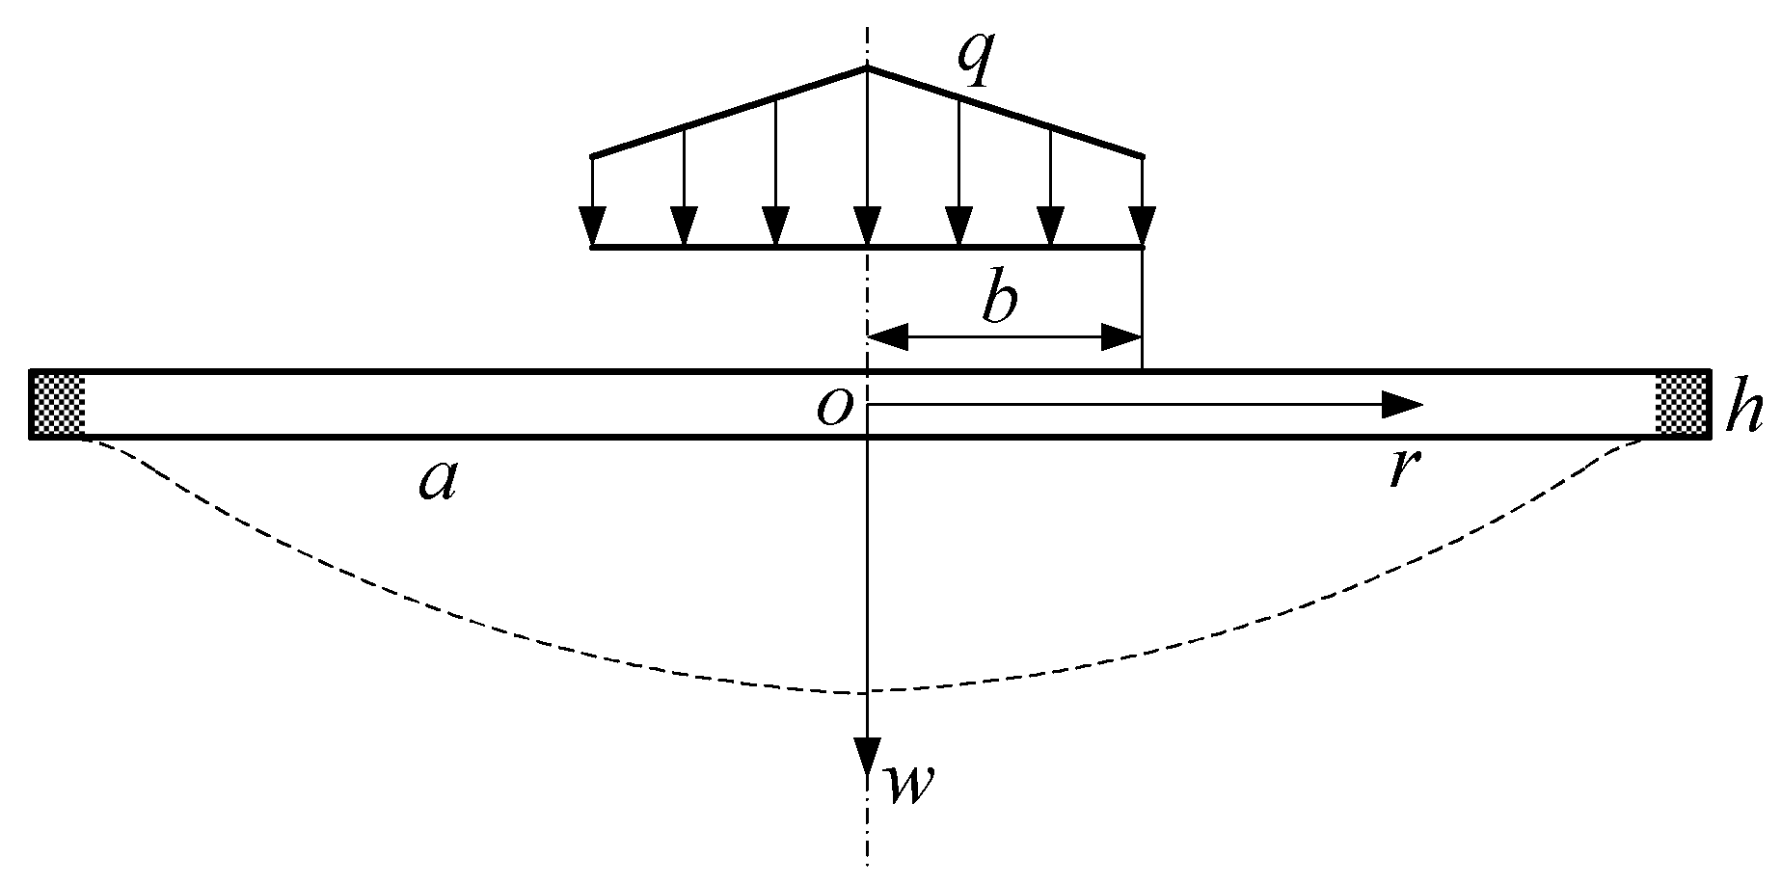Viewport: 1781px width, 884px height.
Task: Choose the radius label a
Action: tap(437, 479)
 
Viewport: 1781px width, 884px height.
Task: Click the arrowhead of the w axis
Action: tap(868, 757)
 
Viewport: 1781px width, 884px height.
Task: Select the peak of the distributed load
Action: tap(867, 67)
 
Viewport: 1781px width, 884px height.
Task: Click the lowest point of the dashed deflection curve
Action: tap(867, 692)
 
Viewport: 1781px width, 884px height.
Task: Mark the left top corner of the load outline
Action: tap(592, 155)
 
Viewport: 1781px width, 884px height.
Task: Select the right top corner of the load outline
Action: tap(1143, 155)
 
